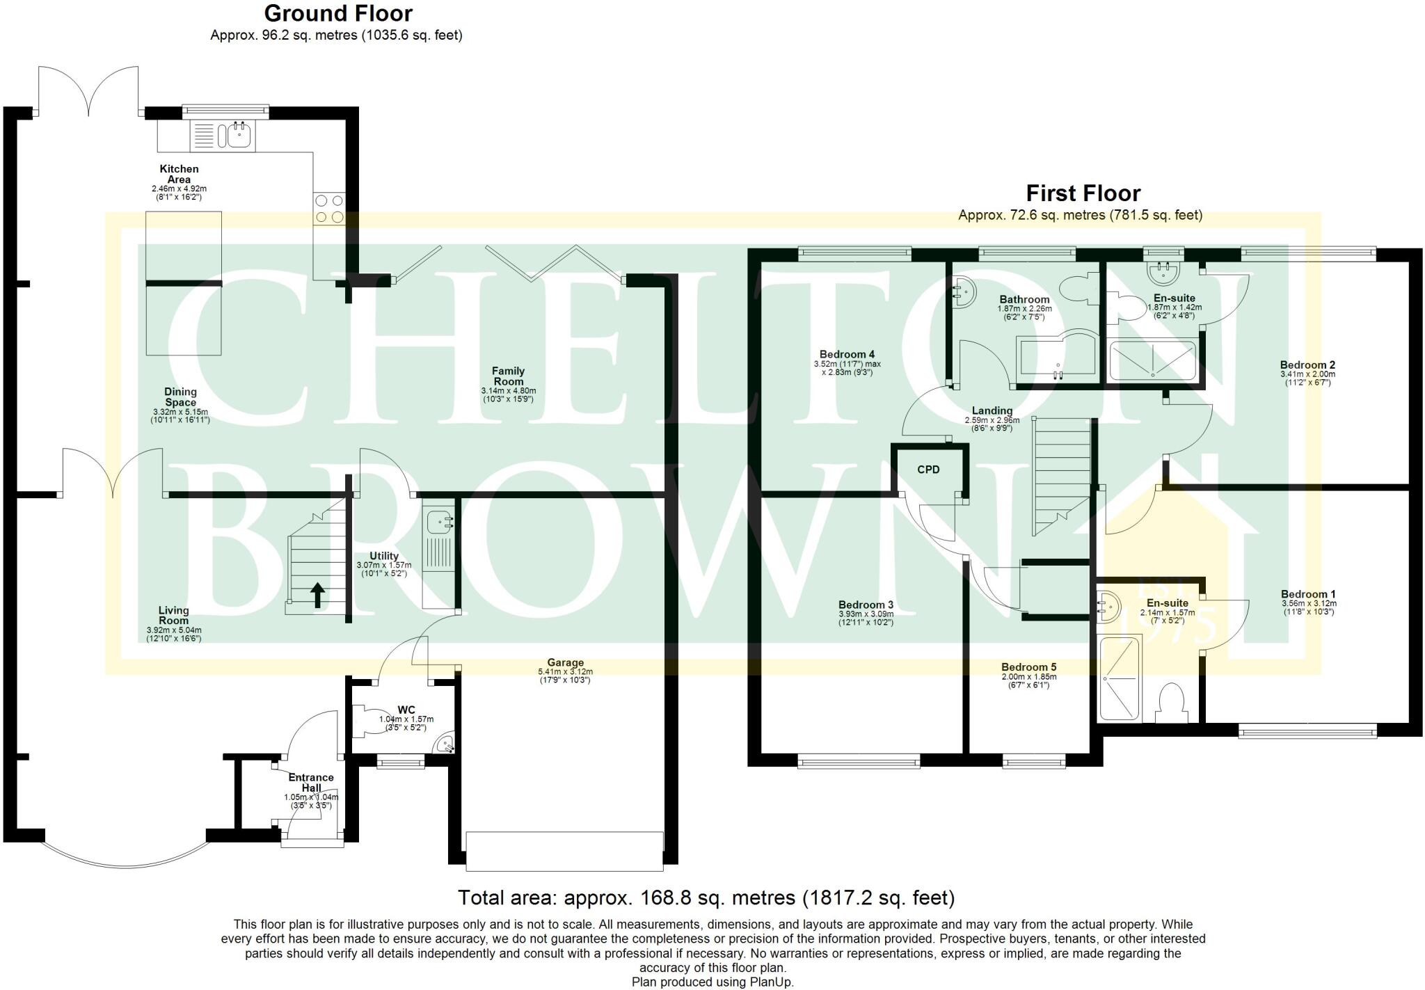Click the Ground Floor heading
tap(338, 13)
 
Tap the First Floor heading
tap(1083, 193)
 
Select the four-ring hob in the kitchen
tap(330, 209)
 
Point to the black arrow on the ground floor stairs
tap(317, 596)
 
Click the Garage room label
tap(565, 663)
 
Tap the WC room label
tap(406, 710)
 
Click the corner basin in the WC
tap(446, 745)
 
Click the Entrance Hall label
tap(311, 783)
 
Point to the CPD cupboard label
tap(928, 470)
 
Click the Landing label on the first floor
tap(992, 411)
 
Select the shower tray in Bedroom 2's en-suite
tap(1152, 360)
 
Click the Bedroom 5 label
tap(1028, 667)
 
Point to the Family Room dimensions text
tap(509, 395)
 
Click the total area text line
tap(706, 898)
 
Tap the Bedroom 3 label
tap(866, 605)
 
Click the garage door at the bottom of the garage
tap(564, 851)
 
